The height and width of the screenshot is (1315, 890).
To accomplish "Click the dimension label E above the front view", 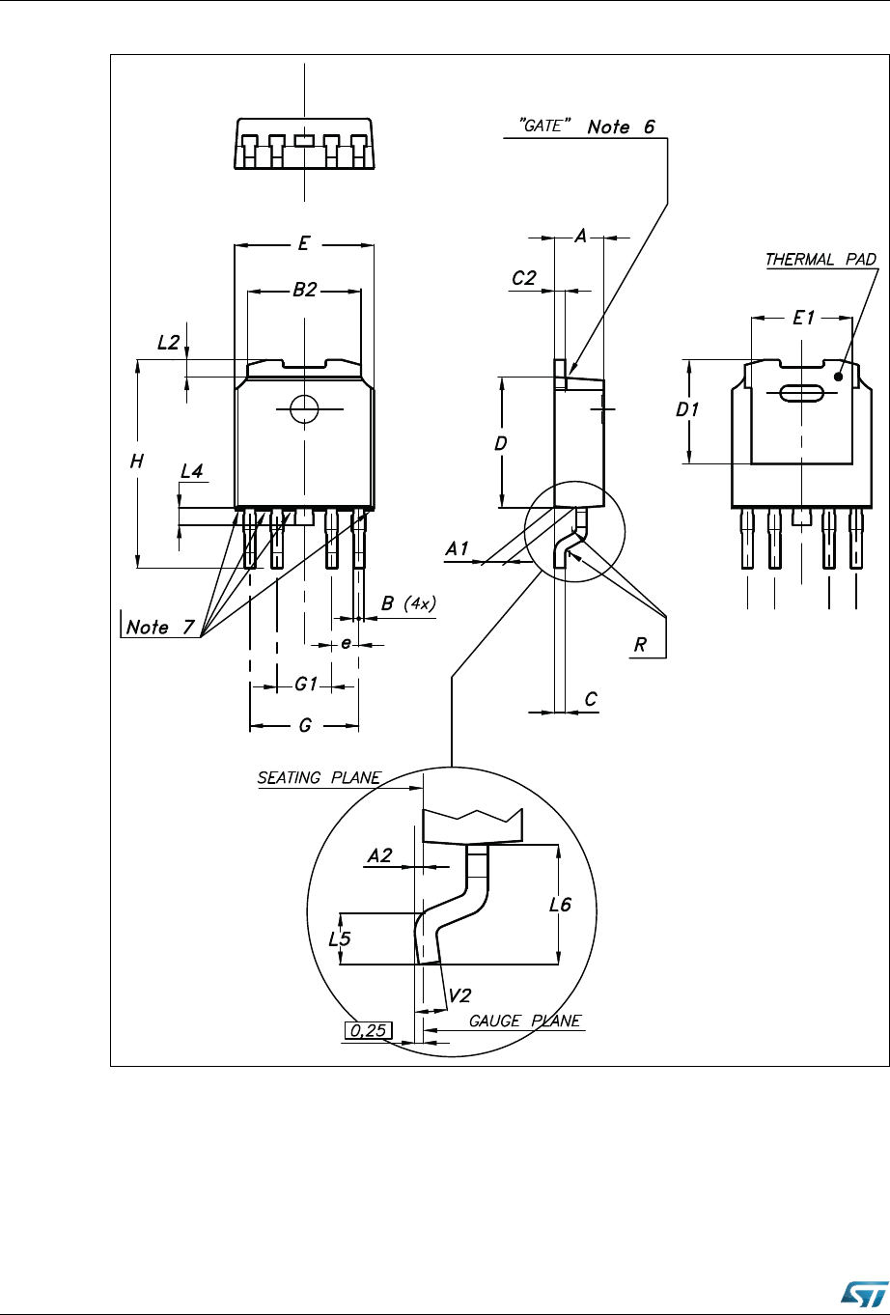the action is coord(303,243).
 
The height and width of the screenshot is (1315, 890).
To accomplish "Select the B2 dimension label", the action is coord(305,290).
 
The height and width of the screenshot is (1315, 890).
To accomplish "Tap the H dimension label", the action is coord(137,462).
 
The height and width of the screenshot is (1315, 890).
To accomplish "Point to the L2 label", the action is coord(169,342).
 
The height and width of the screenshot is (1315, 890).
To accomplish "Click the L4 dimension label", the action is coord(192,471).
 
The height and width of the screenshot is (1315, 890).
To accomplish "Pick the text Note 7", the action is coord(160,627).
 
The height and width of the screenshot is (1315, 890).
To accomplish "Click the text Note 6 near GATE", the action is coord(621,126).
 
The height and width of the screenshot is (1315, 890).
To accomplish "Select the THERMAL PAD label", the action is coord(820,259).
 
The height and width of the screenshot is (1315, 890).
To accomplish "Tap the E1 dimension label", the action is coord(804,318).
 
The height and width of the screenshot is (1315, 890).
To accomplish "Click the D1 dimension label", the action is coord(687,409).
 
